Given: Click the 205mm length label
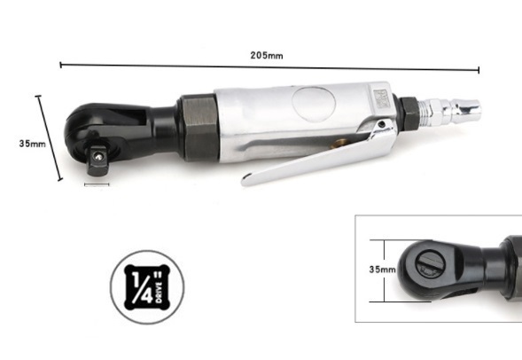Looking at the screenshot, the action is click(267, 55).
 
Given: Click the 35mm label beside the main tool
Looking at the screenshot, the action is click(32, 144).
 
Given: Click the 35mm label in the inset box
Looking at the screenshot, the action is click(383, 269).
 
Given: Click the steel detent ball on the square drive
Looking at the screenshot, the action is click(97, 155).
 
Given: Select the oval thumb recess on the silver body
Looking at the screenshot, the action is click(313, 105).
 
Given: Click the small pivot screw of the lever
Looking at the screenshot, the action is click(382, 124).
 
